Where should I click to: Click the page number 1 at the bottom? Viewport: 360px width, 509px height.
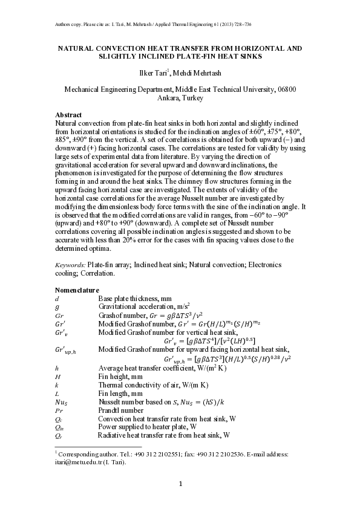180,484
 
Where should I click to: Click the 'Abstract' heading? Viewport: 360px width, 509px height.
69,115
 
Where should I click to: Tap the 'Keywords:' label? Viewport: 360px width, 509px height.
70,265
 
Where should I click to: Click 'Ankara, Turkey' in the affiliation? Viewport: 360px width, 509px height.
180,98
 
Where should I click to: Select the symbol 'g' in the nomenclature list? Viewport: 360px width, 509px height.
57,306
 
